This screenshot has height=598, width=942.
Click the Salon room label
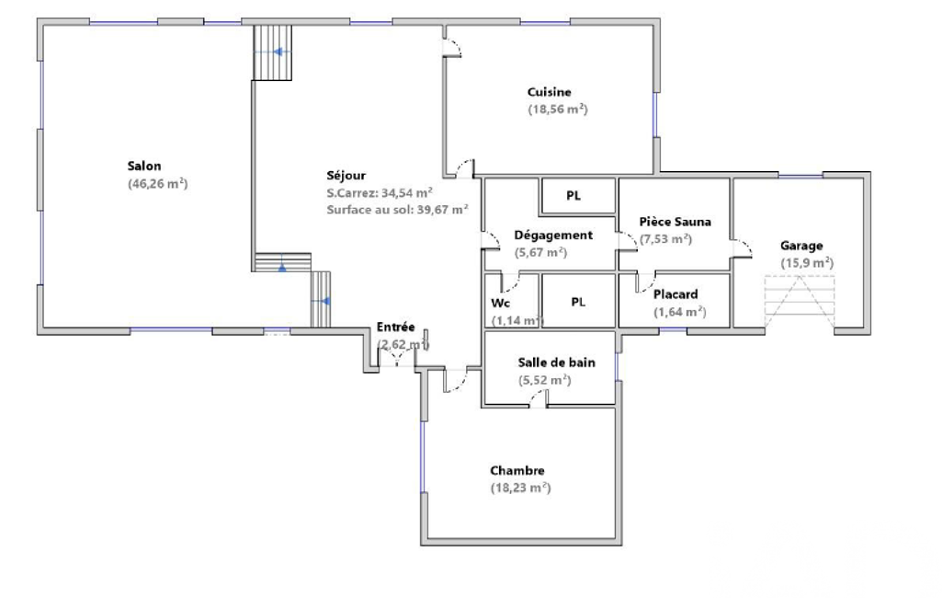coord(144,166)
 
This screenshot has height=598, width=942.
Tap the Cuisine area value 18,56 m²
coord(558,109)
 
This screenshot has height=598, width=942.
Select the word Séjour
coord(346,176)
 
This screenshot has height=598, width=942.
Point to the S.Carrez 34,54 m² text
coord(380,193)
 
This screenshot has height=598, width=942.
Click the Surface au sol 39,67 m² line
coord(398,210)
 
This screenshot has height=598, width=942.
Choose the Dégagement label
coord(553,236)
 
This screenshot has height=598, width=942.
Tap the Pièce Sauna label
coord(675,222)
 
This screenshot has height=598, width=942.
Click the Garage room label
coord(801,246)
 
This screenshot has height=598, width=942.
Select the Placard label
coord(675,294)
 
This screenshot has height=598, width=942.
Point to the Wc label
coord(501,303)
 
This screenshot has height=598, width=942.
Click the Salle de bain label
coord(556,362)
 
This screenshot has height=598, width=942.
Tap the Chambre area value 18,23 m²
coord(520,488)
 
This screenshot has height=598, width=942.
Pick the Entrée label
coord(395,328)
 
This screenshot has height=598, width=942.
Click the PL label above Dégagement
coord(573,196)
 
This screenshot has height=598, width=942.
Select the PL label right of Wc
coord(578,302)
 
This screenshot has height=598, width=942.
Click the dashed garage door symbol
coord(800,302)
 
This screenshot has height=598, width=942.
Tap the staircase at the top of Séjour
coord(272,52)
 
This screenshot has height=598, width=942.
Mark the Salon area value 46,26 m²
coord(157,184)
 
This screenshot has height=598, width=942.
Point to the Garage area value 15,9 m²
coord(807,263)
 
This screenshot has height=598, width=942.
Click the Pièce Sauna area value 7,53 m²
coord(665,239)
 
